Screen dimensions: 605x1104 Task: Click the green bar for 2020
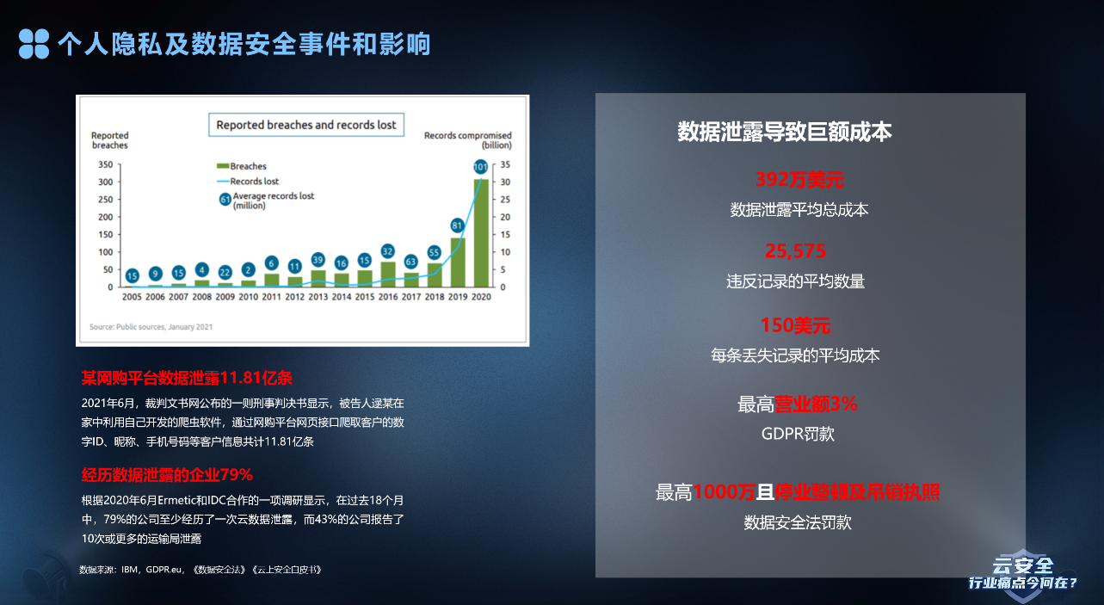coord(481,232)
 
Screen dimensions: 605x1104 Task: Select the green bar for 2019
coord(458,262)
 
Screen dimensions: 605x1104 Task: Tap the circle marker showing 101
coord(481,167)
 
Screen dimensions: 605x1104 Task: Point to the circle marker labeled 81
coord(458,225)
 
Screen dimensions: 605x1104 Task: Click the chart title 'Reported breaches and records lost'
coord(306,125)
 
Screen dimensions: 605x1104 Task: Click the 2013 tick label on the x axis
coord(318,297)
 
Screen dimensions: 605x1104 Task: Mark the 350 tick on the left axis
coord(104,164)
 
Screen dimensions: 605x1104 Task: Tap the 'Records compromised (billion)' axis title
coord(467,140)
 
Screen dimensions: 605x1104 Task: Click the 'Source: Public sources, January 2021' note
coord(151,327)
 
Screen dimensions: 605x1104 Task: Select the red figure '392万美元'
coord(799,180)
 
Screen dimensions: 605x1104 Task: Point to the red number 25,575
coord(796,251)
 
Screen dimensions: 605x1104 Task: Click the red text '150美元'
coord(796,325)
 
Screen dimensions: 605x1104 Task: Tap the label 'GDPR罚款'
coord(798,434)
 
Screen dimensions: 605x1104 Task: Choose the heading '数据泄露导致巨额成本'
coord(785,132)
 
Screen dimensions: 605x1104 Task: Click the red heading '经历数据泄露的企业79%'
coord(166,474)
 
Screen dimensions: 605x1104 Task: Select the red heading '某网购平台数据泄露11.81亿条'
coord(187,378)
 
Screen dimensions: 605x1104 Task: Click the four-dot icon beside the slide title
coord(34,44)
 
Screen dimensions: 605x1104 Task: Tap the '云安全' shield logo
coord(1022,571)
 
